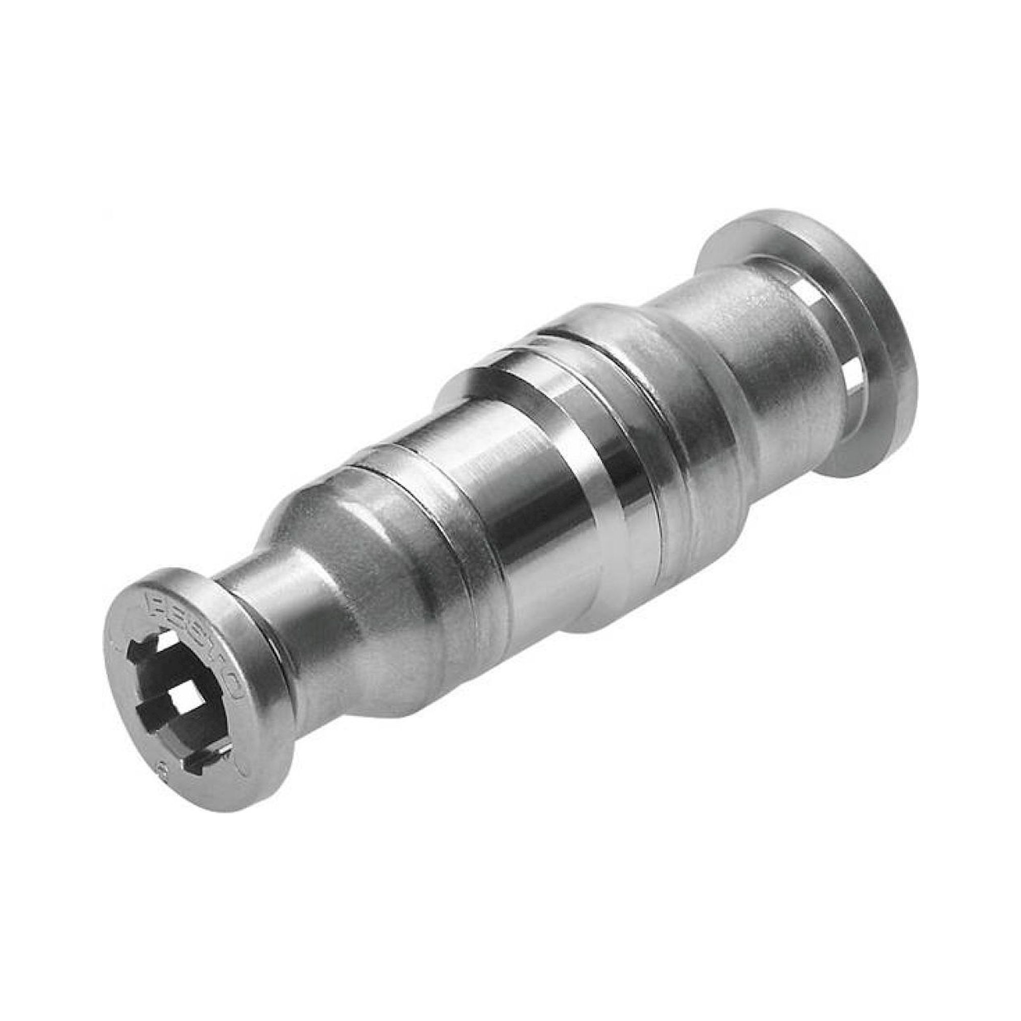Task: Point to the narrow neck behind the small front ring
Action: (264, 607)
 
